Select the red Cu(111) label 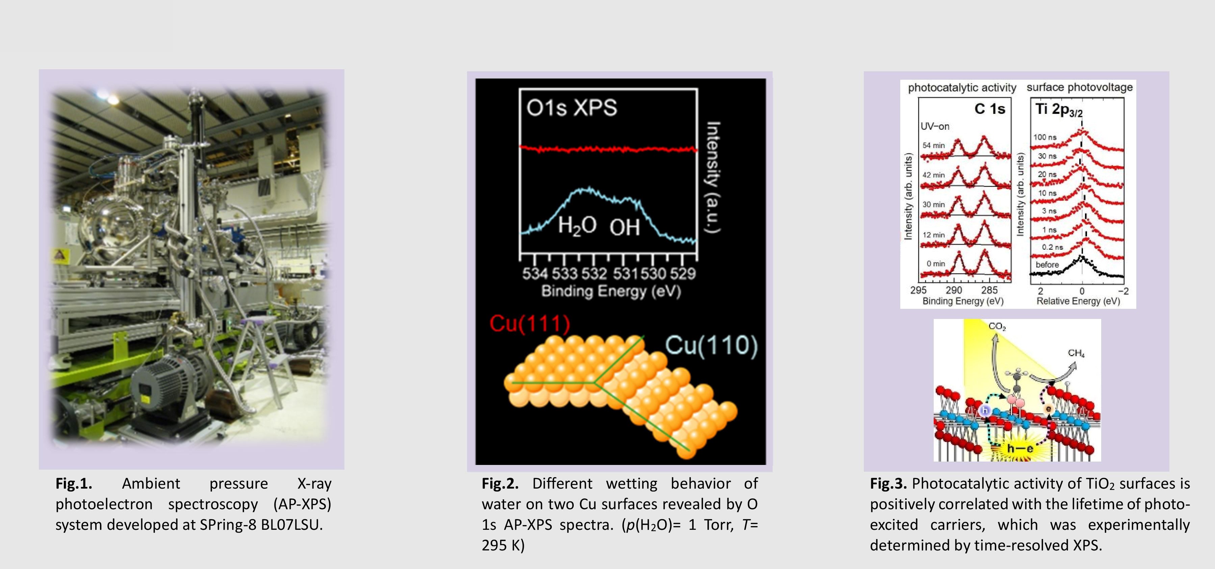pos(529,324)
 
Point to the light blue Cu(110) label pos(711,345)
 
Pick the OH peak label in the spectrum pos(624,228)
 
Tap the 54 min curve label pos(934,145)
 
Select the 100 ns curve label pos(1045,137)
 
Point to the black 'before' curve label pos(1047,265)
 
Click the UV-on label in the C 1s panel pos(935,126)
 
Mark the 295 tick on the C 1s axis pos(918,290)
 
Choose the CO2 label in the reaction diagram pos(997,326)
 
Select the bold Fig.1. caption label pos(74,484)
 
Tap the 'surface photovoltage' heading pos(1080,87)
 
